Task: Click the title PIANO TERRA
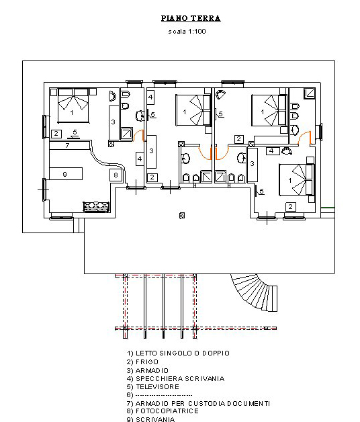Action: click(191, 18)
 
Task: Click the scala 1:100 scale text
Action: click(187, 32)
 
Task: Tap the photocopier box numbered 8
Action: click(116, 175)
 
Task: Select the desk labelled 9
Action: click(66, 174)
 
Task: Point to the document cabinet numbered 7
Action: click(69, 146)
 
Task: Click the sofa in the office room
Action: click(96, 207)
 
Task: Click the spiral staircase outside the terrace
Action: click(256, 293)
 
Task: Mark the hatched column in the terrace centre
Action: click(182, 215)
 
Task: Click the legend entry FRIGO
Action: click(142, 362)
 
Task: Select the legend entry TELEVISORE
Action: click(153, 387)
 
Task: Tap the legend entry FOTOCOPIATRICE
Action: click(163, 411)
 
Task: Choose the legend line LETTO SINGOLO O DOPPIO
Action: click(178, 353)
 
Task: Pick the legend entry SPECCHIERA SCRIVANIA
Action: click(175, 379)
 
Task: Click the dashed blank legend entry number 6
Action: click(159, 395)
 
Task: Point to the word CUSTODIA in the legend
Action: click(207, 403)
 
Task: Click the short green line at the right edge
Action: click(328, 208)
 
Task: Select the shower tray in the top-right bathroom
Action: click(310, 93)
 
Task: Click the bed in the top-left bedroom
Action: click(73, 105)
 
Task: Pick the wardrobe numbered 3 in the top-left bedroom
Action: click(114, 123)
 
